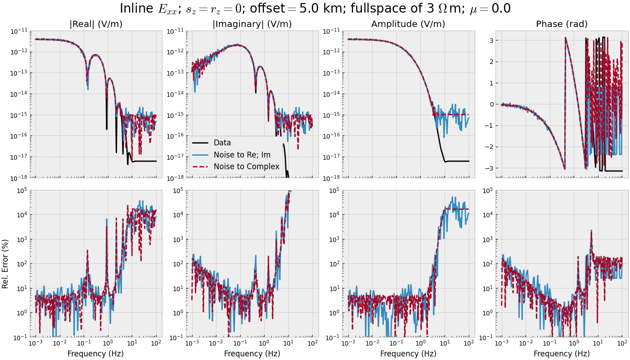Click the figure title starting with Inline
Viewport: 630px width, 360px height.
point(315,9)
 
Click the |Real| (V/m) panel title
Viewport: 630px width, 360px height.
point(96,24)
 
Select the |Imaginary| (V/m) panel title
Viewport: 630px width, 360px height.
point(252,24)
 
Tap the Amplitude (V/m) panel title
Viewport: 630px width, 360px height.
point(408,24)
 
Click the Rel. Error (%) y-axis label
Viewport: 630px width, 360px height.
point(5,264)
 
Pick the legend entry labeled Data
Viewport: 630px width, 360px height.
point(222,143)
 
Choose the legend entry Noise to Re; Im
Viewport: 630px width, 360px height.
point(242,155)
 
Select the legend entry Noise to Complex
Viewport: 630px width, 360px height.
point(247,167)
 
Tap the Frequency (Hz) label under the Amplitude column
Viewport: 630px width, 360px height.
point(408,354)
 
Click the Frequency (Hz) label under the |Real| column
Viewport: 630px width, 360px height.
point(96,354)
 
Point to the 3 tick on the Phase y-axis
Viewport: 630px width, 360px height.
point(490,40)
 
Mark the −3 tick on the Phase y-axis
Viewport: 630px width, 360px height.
point(488,168)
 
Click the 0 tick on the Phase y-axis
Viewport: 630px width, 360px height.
point(490,104)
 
